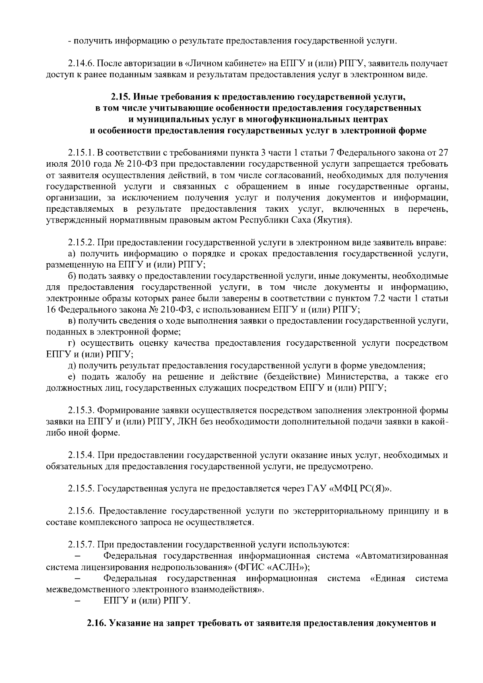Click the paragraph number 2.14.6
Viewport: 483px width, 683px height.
coord(80,64)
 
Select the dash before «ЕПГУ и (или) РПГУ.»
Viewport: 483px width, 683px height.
coord(79,601)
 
